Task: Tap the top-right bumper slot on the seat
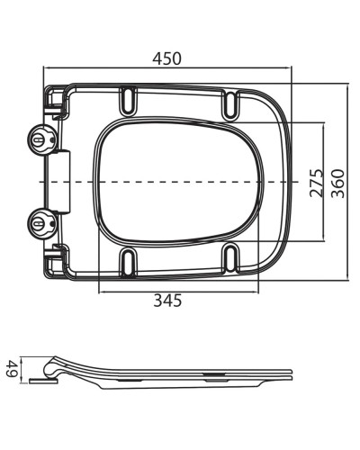pyautogui.click(x=232, y=103)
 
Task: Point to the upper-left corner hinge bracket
pyautogui.click(x=57, y=101)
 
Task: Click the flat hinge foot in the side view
pyautogui.click(x=41, y=380)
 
